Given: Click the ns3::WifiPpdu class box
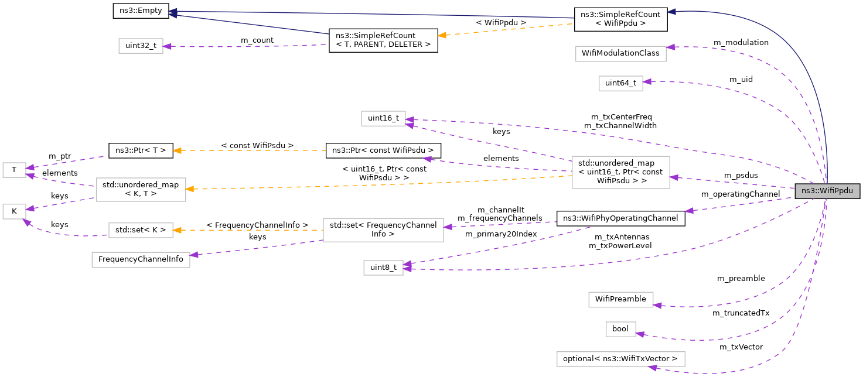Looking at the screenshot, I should click(x=827, y=191).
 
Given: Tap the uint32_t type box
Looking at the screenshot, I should click(x=141, y=46).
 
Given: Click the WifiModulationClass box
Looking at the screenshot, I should click(x=621, y=53).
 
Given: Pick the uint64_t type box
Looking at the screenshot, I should click(x=620, y=83).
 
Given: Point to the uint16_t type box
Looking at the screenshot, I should click(x=383, y=118).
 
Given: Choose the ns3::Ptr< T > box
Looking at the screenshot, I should click(x=141, y=150).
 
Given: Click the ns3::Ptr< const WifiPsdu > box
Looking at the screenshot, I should click(x=383, y=150).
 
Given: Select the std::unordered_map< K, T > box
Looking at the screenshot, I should click(x=141, y=190).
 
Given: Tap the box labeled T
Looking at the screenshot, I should click(x=13, y=170).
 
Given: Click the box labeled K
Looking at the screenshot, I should click(x=13, y=211).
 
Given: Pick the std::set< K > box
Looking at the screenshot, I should click(x=141, y=230).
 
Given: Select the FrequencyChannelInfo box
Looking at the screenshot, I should click(x=141, y=259).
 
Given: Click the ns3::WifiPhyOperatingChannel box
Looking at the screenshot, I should click(x=620, y=218).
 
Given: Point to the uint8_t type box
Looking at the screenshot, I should click(x=383, y=268).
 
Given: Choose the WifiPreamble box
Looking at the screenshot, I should click(x=620, y=299).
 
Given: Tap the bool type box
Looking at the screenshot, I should click(x=620, y=329).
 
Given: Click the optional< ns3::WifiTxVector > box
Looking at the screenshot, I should click(x=620, y=358).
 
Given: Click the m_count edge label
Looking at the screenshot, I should click(x=257, y=40).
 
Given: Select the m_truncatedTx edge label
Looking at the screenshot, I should click(x=741, y=313).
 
